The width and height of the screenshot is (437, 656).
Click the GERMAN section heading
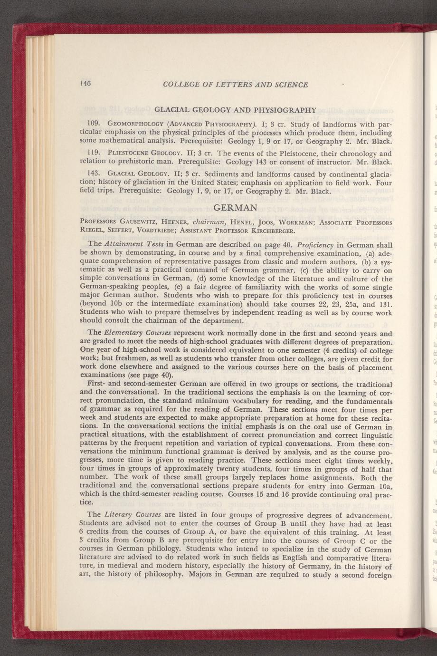236,208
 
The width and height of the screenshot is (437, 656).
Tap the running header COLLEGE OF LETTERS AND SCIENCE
236,85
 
